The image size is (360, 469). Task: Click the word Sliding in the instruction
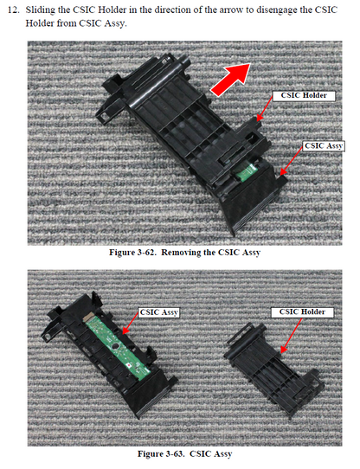(x=44, y=10)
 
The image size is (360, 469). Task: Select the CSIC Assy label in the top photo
(x=324, y=146)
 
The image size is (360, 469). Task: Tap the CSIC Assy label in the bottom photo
(x=159, y=310)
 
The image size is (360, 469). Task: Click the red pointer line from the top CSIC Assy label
(x=292, y=157)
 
